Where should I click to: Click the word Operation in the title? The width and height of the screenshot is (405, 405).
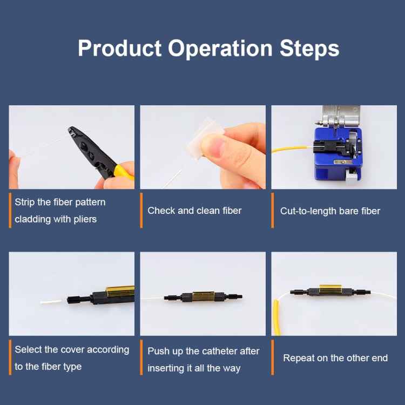click(x=220, y=48)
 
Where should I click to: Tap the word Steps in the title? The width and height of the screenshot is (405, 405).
click(x=309, y=48)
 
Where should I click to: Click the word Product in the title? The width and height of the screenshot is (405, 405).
click(x=120, y=48)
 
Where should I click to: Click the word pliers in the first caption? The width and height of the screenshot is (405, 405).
click(x=83, y=219)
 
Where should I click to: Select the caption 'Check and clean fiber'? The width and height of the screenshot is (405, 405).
click(x=194, y=211)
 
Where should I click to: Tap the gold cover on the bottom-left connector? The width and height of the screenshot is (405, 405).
click(x=120, y=292)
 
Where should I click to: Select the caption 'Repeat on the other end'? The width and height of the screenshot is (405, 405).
click(x=335, y=358)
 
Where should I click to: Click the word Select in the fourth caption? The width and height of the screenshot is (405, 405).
click(x=28, y=349)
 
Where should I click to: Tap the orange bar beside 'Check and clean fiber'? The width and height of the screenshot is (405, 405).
click(x=141, y=210)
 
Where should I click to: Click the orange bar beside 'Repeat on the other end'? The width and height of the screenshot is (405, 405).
click(x=273, y=357)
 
